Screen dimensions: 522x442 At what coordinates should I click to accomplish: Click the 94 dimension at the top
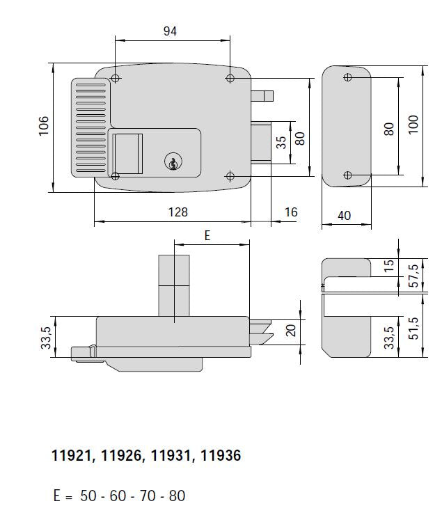pyautogui.click(x=171, y=31)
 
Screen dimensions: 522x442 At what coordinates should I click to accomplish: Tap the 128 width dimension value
pyautogui.click(x=178, y=212)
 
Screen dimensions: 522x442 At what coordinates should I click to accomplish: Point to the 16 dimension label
pyautogui.click(x=291, y=212)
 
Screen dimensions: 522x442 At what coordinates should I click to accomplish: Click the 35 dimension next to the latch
pyautogui.click(x=281, y=143)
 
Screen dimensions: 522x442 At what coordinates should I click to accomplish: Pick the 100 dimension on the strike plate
pyautogui.click(x=414, y=126)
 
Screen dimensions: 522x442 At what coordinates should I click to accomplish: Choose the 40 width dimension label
pyautogui.click(x=344, y=216)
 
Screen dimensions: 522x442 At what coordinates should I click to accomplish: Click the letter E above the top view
pyautogui.click(x=207, y=236)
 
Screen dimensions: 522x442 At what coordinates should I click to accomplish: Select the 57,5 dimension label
pyautogui.click(x=414, y=276)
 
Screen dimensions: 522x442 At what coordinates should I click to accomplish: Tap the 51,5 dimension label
pyautogui.click(x=414, y=326)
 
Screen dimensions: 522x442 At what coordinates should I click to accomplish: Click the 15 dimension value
pyautogui.click(x=389, y=265)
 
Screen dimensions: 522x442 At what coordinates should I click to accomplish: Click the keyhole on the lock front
pyautogui.click(x=171, y=163)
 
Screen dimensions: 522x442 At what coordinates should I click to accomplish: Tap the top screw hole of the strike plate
pyautogui.click(x=348, y=77)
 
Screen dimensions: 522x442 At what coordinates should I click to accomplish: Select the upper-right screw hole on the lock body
pyautogui.click(x=230, y=79)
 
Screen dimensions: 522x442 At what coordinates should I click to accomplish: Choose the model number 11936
pyautogui.click(x=221, y=457)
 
